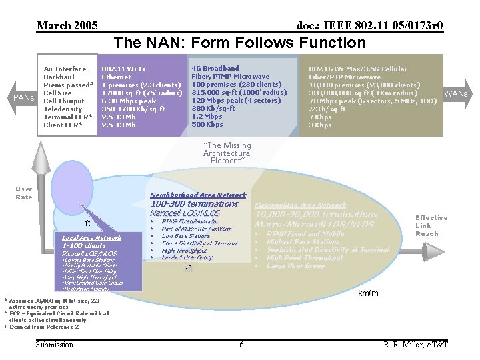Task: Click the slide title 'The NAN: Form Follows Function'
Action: click(x=240, y=43)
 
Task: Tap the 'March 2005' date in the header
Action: click(x=67, y=26)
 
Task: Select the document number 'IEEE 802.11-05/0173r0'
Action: click(x=369, y=26)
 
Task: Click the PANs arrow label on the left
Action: click(x=24, y=98)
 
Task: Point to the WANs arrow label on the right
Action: click(x=456, y=93)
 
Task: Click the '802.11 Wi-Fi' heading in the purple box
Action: click(x=123, y=69)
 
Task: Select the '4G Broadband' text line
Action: click(x=215, y=69)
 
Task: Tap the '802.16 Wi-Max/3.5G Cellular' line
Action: click(x=358, y=69)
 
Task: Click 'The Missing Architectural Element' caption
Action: click(x=227, y=153)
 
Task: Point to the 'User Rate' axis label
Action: click(x=24, y=193)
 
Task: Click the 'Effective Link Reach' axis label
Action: click(x=431, y=225)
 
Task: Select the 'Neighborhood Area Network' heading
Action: click(x=198, y=195)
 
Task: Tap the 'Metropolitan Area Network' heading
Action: click(x=301, y=205)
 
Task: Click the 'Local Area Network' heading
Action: click(x=91, y=238)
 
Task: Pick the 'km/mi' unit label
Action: click(x=369, y=294)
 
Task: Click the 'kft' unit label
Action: click(x=188, y=269)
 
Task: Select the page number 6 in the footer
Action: click(x=241, y=344)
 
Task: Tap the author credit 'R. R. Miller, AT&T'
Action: click(x=416, y=344)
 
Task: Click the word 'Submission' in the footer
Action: click(x=55, y=344)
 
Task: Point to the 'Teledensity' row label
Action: click(x=63, y=109)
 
